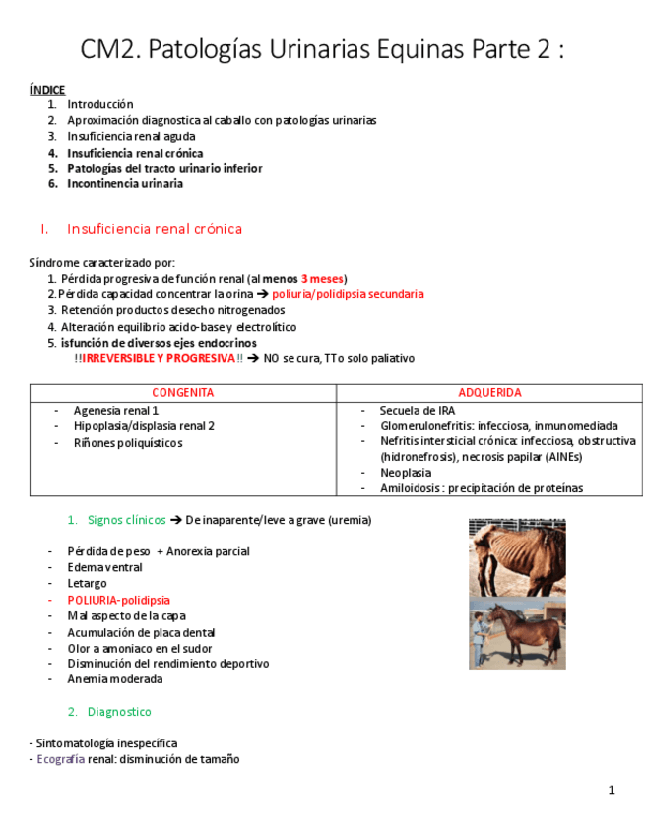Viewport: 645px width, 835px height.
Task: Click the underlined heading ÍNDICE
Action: click(x=47, y=90)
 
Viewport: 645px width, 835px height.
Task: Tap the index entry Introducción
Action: click(x=99, y=104)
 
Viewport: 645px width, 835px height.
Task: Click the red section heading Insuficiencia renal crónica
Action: click(x=155, y=229)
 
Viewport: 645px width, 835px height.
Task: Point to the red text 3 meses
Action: click(x=322, y=279)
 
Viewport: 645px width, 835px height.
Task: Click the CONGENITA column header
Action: click(x=183, y=392)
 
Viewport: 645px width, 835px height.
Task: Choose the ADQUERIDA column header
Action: click(x=489, y=392)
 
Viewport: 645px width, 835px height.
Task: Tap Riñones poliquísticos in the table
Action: click(x=128, y=443)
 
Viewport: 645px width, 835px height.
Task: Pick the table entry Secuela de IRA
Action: click(x=418, y=410)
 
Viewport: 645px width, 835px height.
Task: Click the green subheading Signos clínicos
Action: click(x=126, y=520)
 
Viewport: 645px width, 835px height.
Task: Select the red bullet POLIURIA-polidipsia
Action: click(x=118, y=600)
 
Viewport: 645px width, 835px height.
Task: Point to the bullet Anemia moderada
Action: click(x=115, y=679)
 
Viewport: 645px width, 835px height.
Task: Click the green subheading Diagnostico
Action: click(x=119, y=711)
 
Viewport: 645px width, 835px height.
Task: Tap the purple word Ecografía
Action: click(x=60, y=759)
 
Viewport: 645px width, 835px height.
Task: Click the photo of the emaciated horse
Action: click(x=517, y=557)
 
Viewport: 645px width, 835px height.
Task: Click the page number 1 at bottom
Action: click(x=611, y=790)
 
